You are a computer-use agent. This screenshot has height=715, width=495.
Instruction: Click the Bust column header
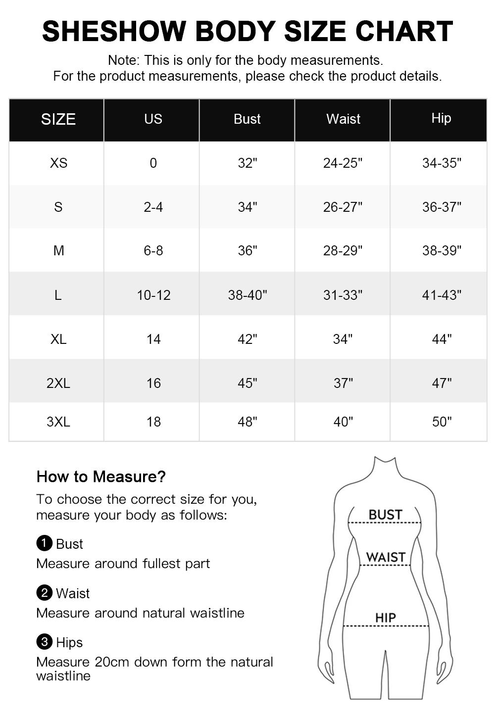(x=247, y=119)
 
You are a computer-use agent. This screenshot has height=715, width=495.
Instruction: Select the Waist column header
(x=343, y=119)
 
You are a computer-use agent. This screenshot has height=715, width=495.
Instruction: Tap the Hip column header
(x=441, y=118)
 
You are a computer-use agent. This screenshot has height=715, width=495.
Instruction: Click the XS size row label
(x=58, y=163)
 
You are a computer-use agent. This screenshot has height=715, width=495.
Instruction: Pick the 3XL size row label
(x=58, y=422)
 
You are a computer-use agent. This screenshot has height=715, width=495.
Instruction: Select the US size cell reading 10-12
(x=153, y=295)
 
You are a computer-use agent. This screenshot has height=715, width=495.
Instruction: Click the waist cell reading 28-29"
(x=343, y=251)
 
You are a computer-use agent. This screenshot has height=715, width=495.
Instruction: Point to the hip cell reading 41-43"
(x=442, y=295)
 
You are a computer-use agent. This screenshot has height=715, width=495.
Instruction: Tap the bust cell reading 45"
(x=247, y=383)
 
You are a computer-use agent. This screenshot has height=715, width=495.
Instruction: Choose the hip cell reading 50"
(x=442, y=422)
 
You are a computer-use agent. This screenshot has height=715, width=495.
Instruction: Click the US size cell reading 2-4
(x=153, y=207)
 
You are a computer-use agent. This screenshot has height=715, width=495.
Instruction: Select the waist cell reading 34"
(x=343, y=339)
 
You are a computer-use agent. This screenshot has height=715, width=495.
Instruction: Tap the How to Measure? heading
(x=101, y=477)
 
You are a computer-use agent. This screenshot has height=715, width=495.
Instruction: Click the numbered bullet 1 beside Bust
(x=44, y=543)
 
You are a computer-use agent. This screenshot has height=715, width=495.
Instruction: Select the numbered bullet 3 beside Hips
(x=44, y=642)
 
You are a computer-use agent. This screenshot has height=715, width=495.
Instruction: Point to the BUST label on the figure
(x=385, y=515)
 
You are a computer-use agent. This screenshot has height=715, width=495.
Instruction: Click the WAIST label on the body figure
(x=386, y=557)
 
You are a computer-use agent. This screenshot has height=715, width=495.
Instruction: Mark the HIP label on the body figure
(x=385, y=618)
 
